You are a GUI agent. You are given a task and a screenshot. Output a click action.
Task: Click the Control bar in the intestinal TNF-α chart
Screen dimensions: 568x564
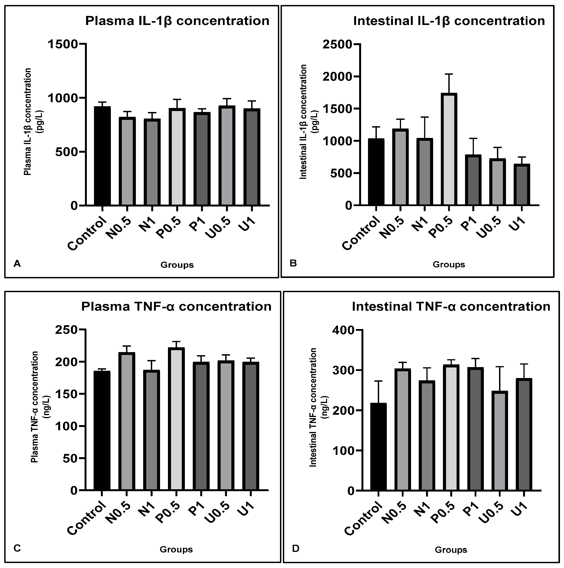pos(378,447)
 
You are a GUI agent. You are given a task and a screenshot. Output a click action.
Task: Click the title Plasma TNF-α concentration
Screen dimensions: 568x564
pos(176,307)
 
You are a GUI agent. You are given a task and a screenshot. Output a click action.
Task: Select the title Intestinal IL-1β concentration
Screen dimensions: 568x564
pos(449,21)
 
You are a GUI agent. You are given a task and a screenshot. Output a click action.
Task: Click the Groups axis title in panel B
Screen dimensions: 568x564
pos(449,265)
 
